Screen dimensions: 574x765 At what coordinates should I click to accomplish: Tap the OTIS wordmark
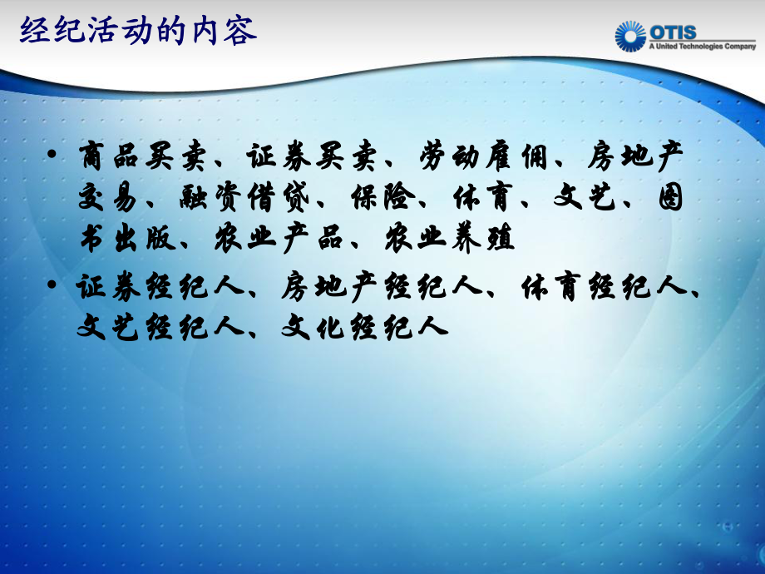674,32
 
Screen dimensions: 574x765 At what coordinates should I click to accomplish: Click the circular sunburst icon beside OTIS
630,37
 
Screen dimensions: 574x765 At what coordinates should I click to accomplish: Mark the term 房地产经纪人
382,288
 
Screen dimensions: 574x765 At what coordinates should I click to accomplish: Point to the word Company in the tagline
739,47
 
